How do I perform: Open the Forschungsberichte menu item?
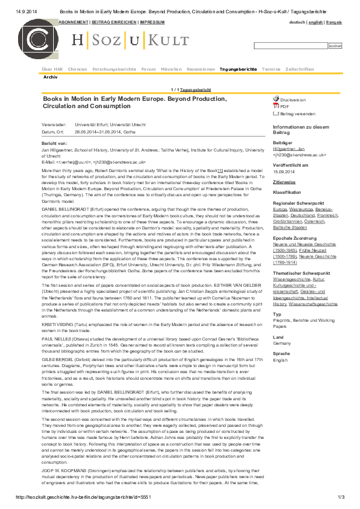114,69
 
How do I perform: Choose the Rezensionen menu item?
201,69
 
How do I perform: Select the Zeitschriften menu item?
300,69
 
